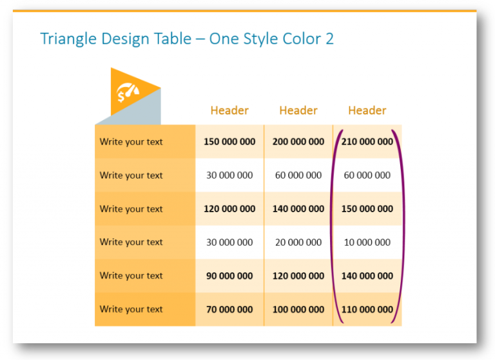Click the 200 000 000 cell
[x=298, y=142]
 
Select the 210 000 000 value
[x=367, y=142]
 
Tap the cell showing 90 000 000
[x=229, y=276]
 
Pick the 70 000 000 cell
[x=229, y=310]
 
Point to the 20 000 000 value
[x=298, y=243]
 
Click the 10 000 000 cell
[x=367, y=243]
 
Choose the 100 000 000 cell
[x=298, y=310]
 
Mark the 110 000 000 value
[x=367, y=310]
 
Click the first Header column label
[x=229, y=110]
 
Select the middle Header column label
[x=298, y=110]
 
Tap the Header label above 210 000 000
[x=367, y=110]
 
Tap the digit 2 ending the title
[x=330, y=39]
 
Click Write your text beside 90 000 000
[x=131, y=276]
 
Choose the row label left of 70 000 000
[x=131, y=310]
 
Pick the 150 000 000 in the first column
[x=229, y=142]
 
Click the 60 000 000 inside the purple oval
[x=367, y=175]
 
